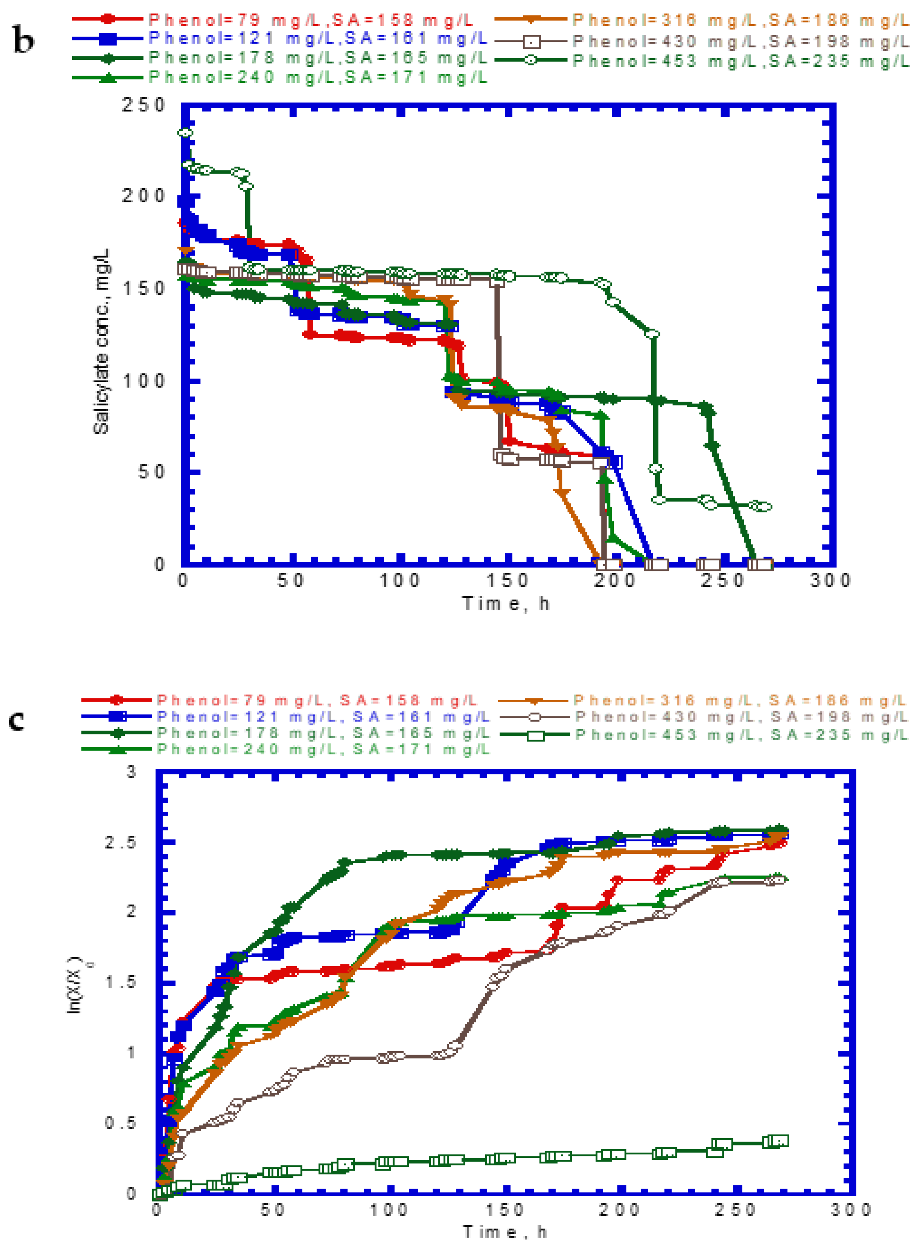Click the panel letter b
pyautogui.click(x=23, y=41)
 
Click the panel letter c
pyautogui.click(x=17, y=721)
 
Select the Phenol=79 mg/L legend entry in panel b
pyautogui.click(x=311, y=20)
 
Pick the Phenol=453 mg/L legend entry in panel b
pyautogui.click(x=740, y=61)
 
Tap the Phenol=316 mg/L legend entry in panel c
pyautogui.click(x=739, y=701)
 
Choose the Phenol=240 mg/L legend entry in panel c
pyautogui.click(x=323, y=749)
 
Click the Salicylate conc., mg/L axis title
pyautogui.click(x=101, y=341)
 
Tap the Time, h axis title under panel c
pyautogui.click(x=506, y=1232)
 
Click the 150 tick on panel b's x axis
pyautogui.click(x=507, y=580)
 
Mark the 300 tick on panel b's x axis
pyautogui.click(x=830, y=580)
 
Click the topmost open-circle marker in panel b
pyautogui.click(x=185, y=132)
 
